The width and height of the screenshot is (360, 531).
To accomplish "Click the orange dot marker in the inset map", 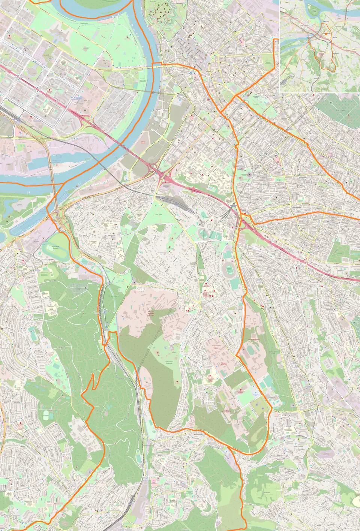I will pyautogui.click(x=326, y=34).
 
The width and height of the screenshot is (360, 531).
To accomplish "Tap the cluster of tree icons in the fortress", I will pyautogui.click(x=157, y=11).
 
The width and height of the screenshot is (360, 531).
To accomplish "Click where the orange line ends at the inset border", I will pyautogui.click(x=280, y=39).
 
